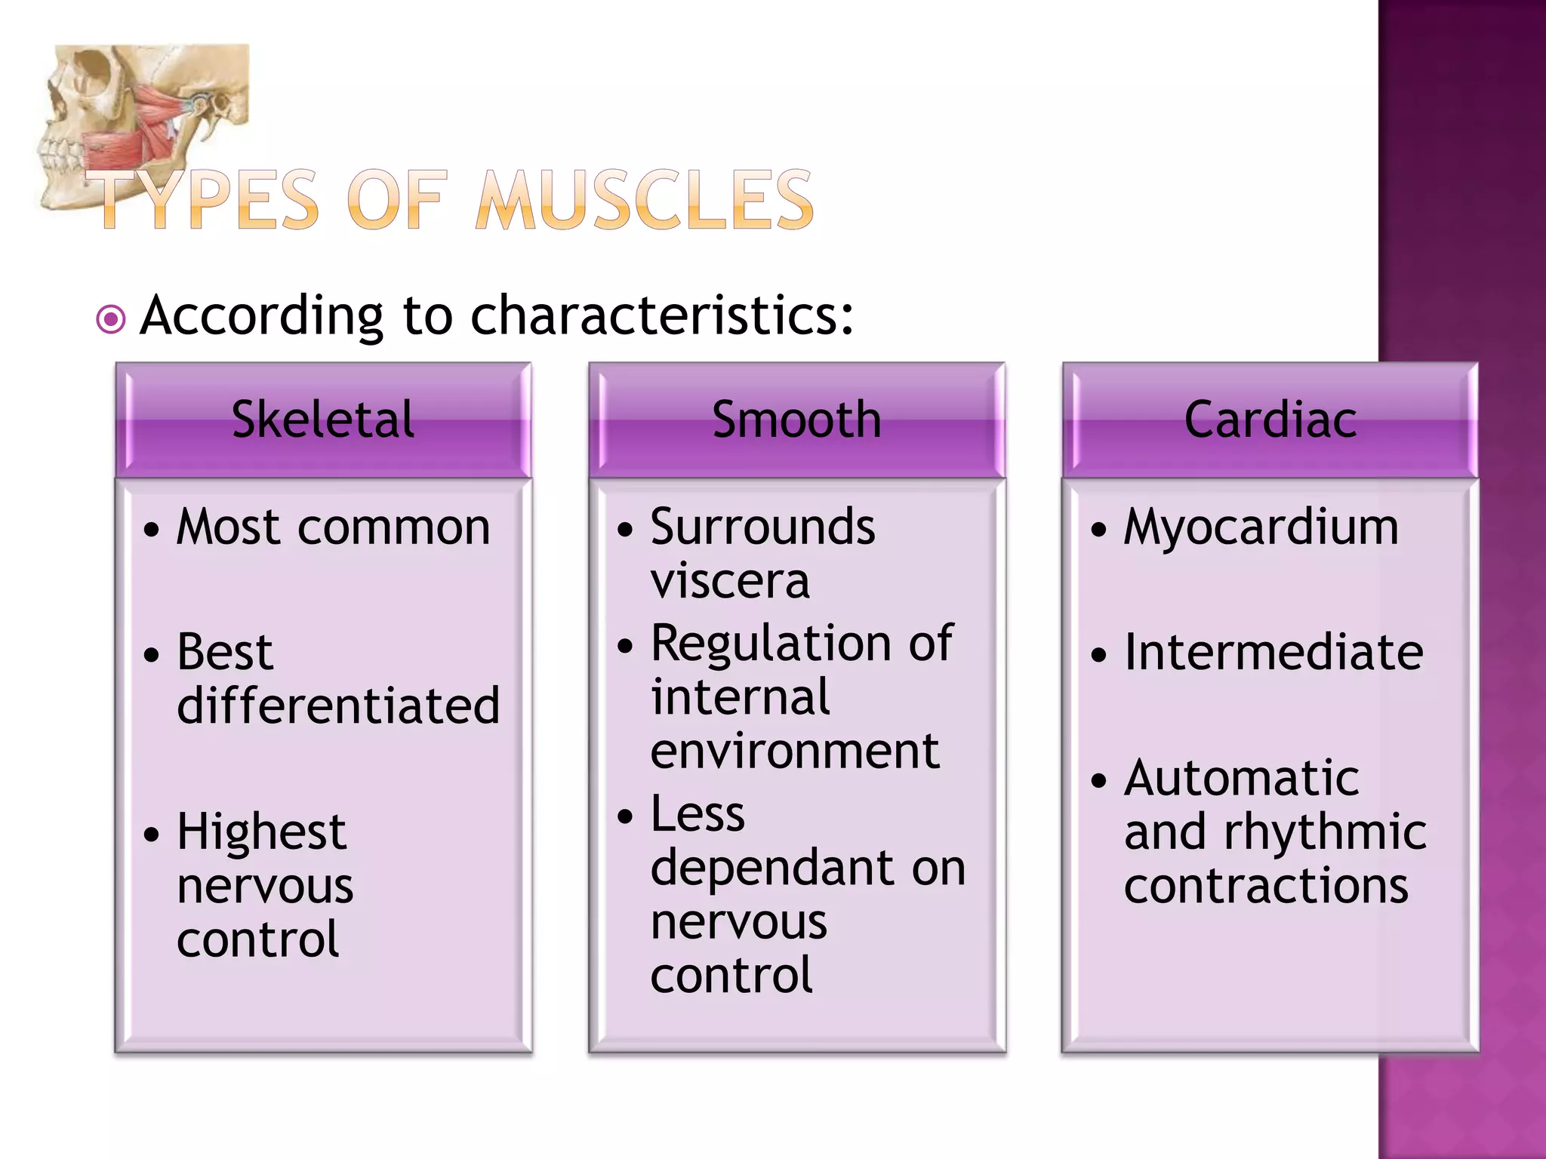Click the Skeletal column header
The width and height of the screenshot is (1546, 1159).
tap(323, 420)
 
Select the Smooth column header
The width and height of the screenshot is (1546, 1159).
tap(796, 420)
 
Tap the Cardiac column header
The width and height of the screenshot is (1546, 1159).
tap(1270, 420)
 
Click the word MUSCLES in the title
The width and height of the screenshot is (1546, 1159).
tap(645, 199)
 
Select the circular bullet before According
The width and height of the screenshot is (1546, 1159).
tap(111, 319)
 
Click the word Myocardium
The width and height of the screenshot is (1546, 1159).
tap(1261, 527)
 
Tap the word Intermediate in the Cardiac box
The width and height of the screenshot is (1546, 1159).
tap(1273, 652)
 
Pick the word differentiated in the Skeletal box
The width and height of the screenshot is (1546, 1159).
tap(338, 706)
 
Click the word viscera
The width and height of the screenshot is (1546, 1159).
tap(730, 581)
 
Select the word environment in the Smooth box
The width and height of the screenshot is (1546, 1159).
tap(795, 752)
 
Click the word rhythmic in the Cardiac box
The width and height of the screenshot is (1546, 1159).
tap(1325, 832)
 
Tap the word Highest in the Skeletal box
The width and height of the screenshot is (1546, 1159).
tap(261, 832)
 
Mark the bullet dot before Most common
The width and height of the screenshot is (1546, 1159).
tap(152, 530)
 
